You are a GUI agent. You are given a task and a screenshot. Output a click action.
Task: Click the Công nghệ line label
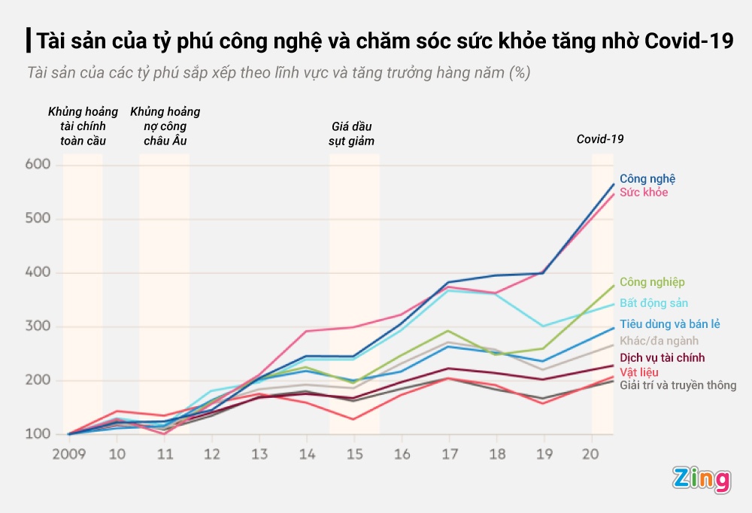pyautogui.click(x=647, y=179)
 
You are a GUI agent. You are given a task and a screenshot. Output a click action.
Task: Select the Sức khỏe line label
pyautogui.click(x=643, y=193)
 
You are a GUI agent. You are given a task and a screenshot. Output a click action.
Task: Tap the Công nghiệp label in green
pyautogui.click(x=652, y=282)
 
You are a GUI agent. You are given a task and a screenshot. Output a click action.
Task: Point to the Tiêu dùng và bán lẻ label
pyautogui.click(x=669, y=324)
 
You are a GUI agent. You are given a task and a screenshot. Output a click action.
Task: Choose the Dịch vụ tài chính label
pyautogui.click(x=662, y=357)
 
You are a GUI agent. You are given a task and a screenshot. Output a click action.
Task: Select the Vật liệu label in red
pyautogui.click(x=638, y=372)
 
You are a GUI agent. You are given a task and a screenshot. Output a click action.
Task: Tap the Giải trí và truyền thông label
pyautogui.click(x=678, y=386)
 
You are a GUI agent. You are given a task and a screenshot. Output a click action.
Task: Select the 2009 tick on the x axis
pyautogui.click(x=68, y=454)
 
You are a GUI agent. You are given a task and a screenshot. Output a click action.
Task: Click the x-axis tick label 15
pyautogui.click(x=354, y=454)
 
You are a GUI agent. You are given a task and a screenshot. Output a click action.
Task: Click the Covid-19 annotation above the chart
pyautogui.click(x=600, y=139)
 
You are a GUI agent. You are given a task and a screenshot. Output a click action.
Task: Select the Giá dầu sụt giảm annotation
pyautogui.click(x=351, y=134)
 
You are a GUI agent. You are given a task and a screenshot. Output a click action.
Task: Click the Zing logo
pyautogui.click(x=701, y=479)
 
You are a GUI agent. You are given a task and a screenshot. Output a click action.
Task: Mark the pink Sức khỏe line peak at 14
pyautogui.click(x=306, y=331)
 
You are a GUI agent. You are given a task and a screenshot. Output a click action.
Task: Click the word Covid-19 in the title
pyautogui.click(x=690, y=40)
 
